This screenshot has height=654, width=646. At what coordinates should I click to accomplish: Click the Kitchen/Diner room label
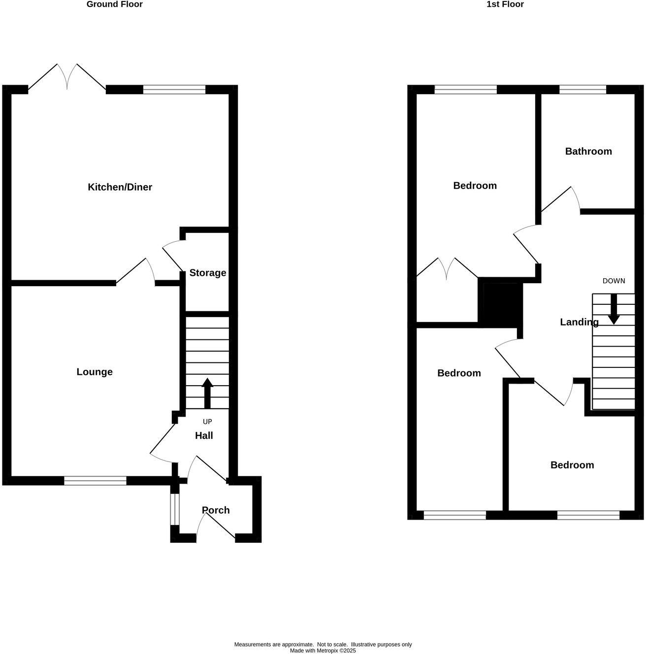pyautogui.click(x=120, y=187)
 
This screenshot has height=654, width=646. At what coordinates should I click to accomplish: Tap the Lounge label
pyautogui.click(x=95, y=372)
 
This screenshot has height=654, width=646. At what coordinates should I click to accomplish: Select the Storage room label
pyautogui.click(x=208, y=273)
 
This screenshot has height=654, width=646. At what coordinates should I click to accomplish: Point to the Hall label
pyautogui.click(x=204, y=435)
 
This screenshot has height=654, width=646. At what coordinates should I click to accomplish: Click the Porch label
pyautogui.click(x=216, y=510)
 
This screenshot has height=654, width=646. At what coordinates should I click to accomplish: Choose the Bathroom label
pyautogui.click(x=588, y=151)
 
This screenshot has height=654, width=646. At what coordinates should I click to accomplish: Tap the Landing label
pyautogui.click(x=579, y=322)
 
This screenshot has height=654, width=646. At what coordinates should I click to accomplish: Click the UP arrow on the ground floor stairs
pyautogui.click(x=207, y=392)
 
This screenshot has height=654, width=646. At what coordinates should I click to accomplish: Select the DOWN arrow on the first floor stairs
pyautogui.click(x=614, y=309)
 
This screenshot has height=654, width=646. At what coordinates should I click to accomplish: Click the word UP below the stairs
pyautogui.click(x=207, y=422)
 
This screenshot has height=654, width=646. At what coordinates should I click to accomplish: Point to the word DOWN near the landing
pyautogui.click(x=614, y=281)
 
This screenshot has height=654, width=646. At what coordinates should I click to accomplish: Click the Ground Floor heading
pyautogui.click(x=114, y=4)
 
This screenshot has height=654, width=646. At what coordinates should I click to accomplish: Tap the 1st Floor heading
pyautogui.click(x=505, y=4)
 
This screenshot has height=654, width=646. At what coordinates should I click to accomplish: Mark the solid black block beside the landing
pyautogui.click(x=500, y=304)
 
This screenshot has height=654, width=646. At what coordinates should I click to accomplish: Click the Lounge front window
pyautogui.click(x=95, y=481)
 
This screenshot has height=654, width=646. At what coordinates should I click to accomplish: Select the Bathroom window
pyautogui.click(x=582, y=89)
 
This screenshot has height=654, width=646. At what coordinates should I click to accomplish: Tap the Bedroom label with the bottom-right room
pyautogui.click(x=572, y=465)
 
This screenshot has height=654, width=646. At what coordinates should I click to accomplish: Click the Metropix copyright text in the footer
pyautogui.click(x=323, y=651)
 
